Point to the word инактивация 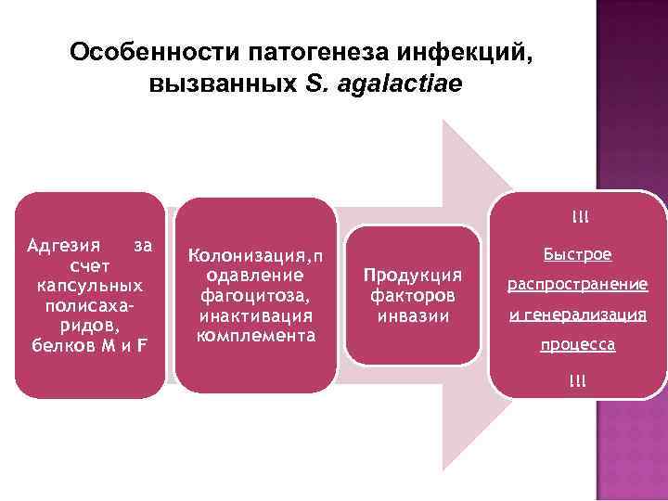point(255,316)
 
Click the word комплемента point(255,335)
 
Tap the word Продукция point(412,276)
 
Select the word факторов point(412,296)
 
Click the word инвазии point(412,315)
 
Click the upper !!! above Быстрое point(580,218)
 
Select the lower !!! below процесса point(580,380)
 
